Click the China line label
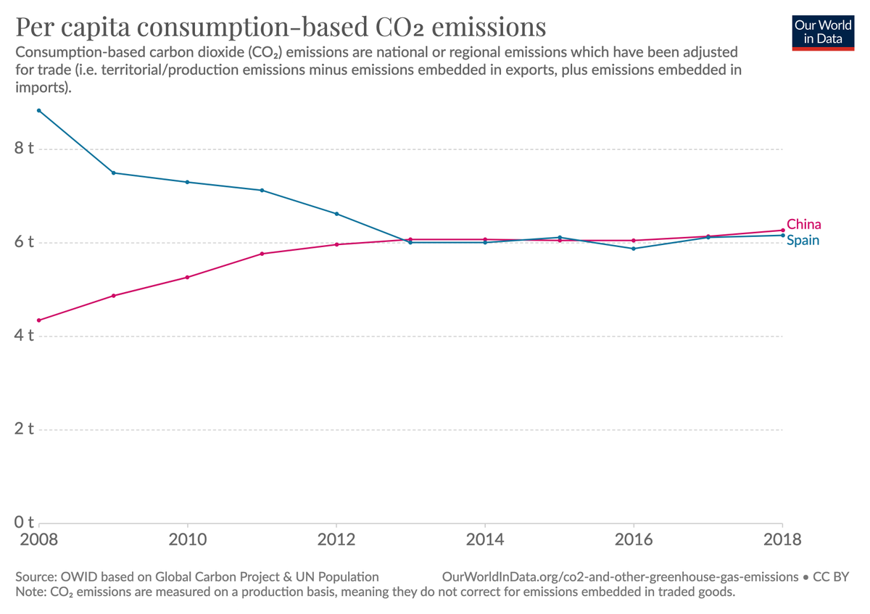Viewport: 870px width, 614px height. [x=803, y=224]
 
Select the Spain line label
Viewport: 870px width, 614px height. [x=803, y=240]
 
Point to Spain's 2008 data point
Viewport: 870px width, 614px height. [x=39, y=110]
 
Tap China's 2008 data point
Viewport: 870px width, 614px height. [x=39, y=320]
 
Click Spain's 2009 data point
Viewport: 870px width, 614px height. [x=114, y=173]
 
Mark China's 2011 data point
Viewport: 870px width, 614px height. [x=262, y=254]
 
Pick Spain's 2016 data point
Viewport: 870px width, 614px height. [x=634, y=249]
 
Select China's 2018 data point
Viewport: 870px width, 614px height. [x=782, y=231]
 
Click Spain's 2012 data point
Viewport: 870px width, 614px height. [x=336, y=214]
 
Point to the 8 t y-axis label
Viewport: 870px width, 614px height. [x=24, y=149]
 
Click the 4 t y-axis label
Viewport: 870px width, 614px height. [x=24, y=336]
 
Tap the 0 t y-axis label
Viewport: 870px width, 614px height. [x=24, y=523]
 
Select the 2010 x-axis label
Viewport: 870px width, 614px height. [x=188, y=541]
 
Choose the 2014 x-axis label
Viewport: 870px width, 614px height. [x=485, y=541]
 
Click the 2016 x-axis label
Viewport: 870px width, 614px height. [x=634, y=541]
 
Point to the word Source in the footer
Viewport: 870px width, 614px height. [x=34, y=577]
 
